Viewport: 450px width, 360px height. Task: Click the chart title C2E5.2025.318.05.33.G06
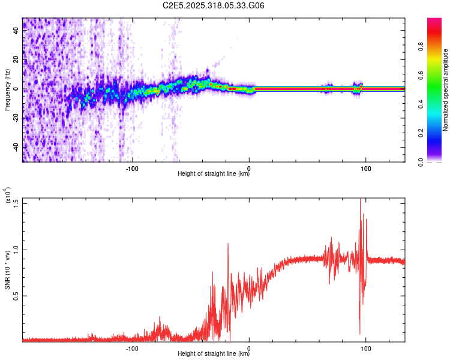tap(214, 6)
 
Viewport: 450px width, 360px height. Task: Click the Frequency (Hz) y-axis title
tap(8, 90)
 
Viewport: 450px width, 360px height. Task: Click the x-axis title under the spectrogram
tap(214, 174)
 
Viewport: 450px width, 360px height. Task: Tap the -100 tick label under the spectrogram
tap(132, 167)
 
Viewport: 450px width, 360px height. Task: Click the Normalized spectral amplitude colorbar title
tap(446, 90)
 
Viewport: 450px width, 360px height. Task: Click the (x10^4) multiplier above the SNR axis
tap(8, 194)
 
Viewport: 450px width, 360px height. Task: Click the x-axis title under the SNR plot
tap(214, 354)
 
